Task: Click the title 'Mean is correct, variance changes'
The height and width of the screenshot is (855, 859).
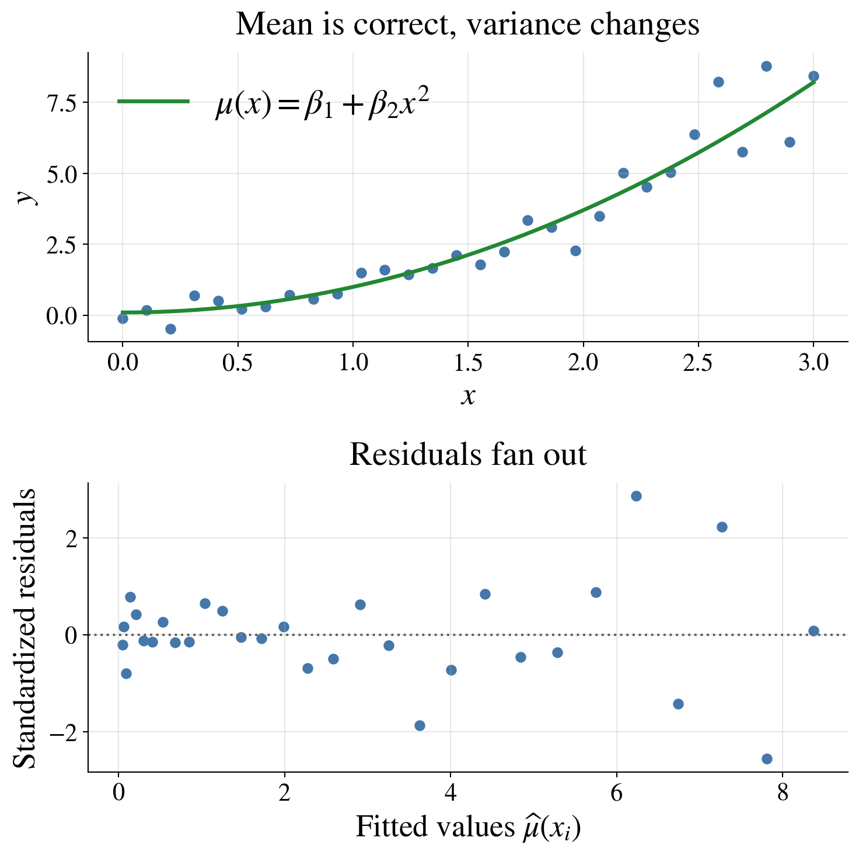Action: click(467, 25)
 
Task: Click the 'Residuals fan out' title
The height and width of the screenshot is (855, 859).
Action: click(467, 454)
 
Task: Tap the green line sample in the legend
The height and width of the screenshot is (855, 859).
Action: click(153, 101)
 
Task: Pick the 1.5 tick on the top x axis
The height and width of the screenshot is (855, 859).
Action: click(468, 363)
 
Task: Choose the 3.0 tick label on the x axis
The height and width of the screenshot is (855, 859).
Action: click(813, 363)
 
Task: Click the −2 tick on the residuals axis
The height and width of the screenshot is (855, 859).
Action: click(63, 732)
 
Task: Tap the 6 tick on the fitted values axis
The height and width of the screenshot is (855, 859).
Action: click(616, 794)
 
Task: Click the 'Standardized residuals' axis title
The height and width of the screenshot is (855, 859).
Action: click(25, 628)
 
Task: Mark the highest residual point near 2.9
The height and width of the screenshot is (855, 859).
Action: click(636, 496)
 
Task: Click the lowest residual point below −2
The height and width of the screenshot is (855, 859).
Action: click(767, 759)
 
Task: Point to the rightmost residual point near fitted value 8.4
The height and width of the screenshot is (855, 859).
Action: click(813, 631)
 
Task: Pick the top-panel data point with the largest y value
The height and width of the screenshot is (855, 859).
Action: click(766, 66)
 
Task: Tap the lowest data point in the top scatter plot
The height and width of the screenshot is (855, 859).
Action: click(170, 329)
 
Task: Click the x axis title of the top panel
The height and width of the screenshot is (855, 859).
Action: click(467, 396)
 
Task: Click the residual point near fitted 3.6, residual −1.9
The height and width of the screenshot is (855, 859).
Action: click(420, 725)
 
